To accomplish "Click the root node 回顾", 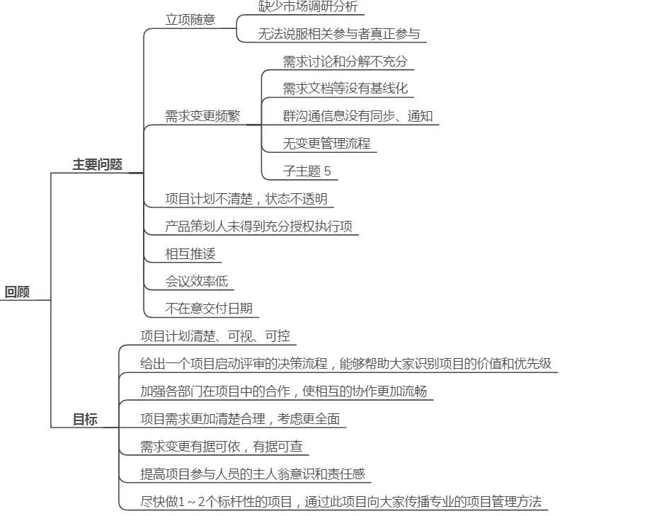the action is point(18,292).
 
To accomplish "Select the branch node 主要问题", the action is point(98,164).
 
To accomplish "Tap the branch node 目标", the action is point(85,420).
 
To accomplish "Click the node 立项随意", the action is point(190,20).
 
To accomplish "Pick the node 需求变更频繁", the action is point(202,117).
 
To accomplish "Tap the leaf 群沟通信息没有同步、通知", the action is point(357,116).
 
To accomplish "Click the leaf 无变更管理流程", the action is point(326,144).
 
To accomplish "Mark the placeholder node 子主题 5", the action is point(306,171).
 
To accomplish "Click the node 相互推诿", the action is point(189,253).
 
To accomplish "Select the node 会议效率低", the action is point(197,281).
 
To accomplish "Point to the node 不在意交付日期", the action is point(209,309).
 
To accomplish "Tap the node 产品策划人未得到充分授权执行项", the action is point(258,227).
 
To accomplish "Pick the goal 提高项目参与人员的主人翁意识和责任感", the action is point(252,474).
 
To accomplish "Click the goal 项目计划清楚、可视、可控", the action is point(215,336).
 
